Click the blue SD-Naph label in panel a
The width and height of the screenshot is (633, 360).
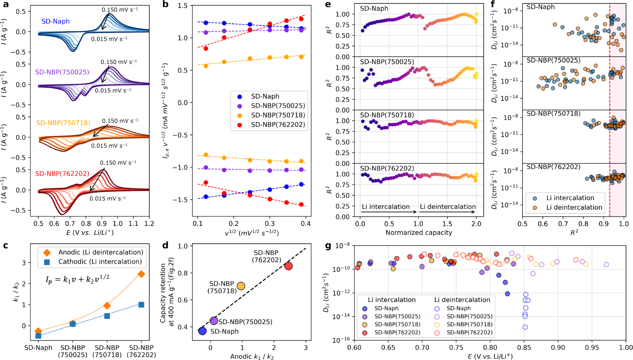tap(55, 21)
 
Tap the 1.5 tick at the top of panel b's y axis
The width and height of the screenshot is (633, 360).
tap(183, 6)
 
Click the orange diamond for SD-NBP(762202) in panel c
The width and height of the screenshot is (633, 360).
tap(141, 274)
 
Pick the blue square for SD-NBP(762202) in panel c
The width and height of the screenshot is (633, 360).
tap(141, 305)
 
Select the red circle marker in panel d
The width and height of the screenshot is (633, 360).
tap(288, 266)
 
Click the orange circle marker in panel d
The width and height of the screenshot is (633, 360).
tap(241, 286)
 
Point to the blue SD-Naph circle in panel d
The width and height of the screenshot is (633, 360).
tap(202, 331)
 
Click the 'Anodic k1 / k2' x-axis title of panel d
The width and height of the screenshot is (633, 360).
tap(252, 357)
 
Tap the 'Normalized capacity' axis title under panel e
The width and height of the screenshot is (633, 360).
tap(419, 233)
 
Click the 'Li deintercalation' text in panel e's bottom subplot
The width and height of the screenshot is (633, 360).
tap(447, 207)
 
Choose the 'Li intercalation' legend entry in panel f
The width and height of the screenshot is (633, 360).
tap(570, 198)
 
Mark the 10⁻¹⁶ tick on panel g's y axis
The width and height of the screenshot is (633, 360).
tap(341, 340)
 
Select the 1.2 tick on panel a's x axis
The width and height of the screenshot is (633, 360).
tap(149, 224)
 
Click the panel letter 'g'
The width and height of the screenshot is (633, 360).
tap(329, 246)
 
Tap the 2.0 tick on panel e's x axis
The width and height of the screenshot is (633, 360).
tap(476, 224)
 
